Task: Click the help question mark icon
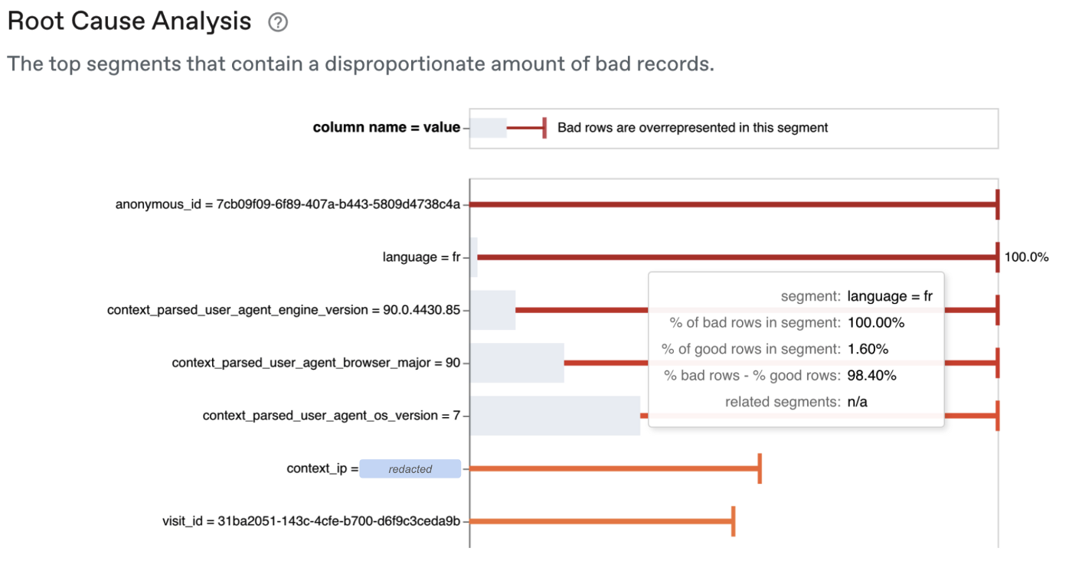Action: point(277,22)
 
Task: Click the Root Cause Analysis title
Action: point(129,21)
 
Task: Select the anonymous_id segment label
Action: point(288,204)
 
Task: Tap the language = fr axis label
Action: point(421,257)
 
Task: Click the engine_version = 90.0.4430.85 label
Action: point(284,310)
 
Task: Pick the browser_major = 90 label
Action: point(315,363)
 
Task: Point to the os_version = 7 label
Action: point(331,415)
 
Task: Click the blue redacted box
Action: point(410,468)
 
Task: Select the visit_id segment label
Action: point(311,520)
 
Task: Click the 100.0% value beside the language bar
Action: point(1026,257)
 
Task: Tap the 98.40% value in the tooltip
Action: point(871,375)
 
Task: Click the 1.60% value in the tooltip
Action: point(868,349)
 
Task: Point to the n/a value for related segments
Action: point(857,402)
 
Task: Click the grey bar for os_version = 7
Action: point(555,416)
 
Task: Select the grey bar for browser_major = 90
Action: point(518,363)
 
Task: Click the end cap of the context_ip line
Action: point(760,468)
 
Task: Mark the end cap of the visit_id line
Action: point(734,520)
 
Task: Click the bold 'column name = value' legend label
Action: point(386,127)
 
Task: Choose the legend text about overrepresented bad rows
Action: point(692,128)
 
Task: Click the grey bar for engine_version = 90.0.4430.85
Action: point(493,310)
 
